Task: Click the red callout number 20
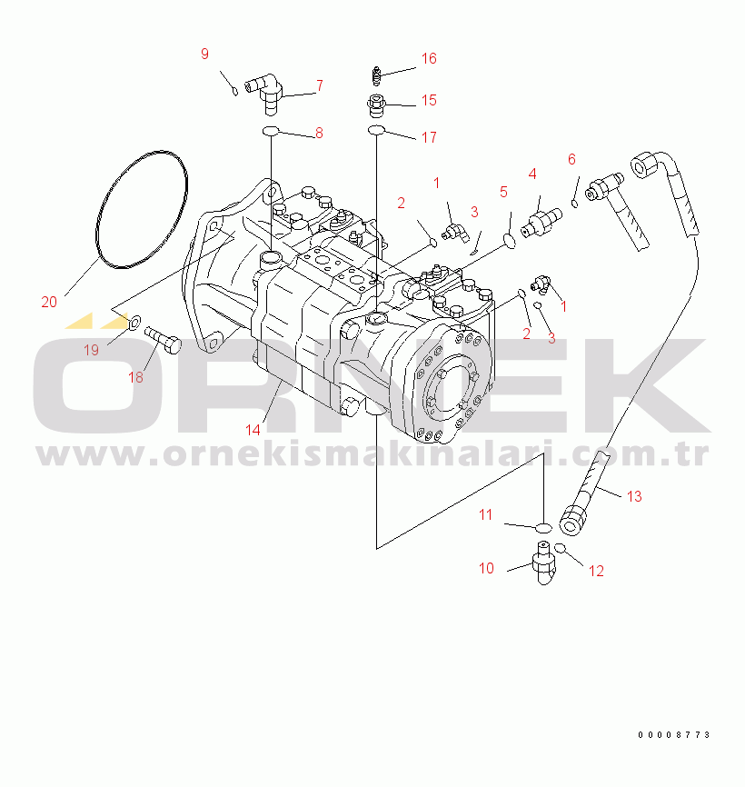pyautogui.click(x=49, y=302)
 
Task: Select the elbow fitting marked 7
pyautogui.click(x=264, y=93)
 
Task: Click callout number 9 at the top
pyautogui.click(x=204, y=54)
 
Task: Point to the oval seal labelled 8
pyautogui.click(x=271, y=131)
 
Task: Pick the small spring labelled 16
pyautogui.click(x=377, y=75)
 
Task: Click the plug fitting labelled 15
pyautogui.click(x=376, y=105)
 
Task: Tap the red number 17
pyautogui.click(x=429, y=137)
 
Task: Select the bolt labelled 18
pyautogui.click(x=163, y=339)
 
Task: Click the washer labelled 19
pyautogui.click(x=135, y=322)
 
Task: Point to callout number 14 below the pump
pyautogui.click(x=253, y=430)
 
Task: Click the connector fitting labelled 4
pyautogui.click(x=541, y=223)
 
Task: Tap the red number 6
pyautogui.click(x=571, y=159)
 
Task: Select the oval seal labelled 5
pyautogui.click(x=509, y=242)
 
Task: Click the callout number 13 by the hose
pyautogui.click(x=634, y=496)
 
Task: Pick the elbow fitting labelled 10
pyautogui.click(x=544, y=563)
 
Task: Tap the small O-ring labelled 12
pyautogui.click(x=560, y=548)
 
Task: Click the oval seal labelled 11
pyautogui.click(x=544, y=527)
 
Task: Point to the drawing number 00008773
pyautogui.click(x=674, y=735)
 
